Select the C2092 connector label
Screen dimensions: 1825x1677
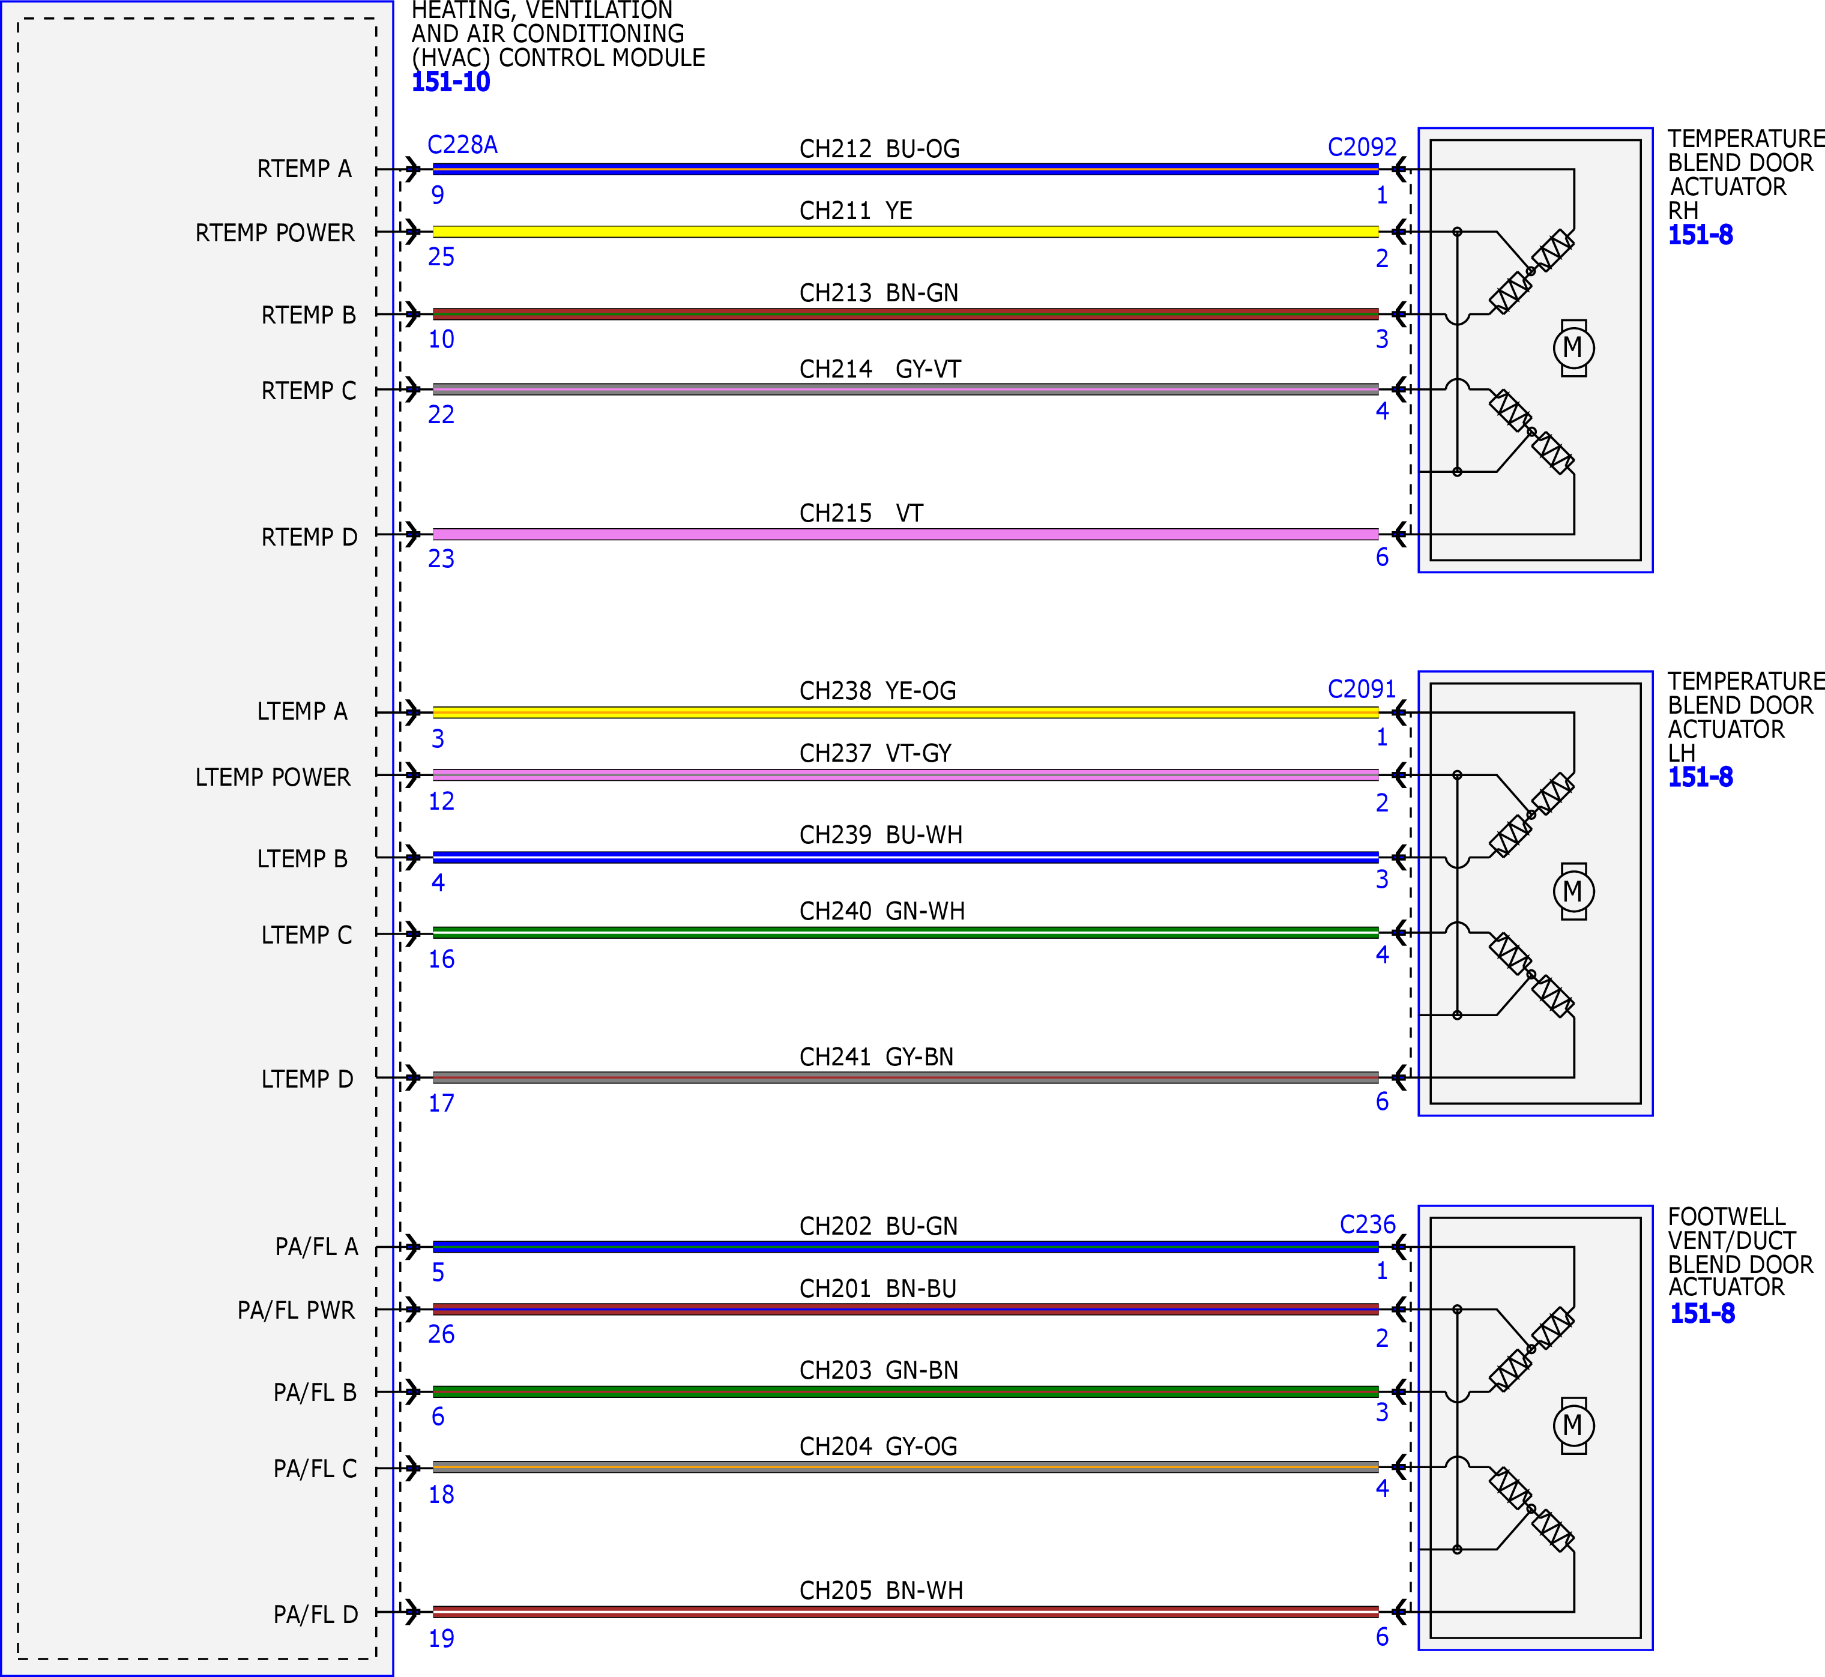tap(1362, 147)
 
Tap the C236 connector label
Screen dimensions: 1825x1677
tap(1368, 1224)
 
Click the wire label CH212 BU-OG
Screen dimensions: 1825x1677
tap(879, 149)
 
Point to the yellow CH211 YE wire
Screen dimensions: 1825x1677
tap(906, 232)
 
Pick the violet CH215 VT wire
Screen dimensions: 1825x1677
tap(906, 535)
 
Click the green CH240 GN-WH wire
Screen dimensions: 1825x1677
tap(906, 932)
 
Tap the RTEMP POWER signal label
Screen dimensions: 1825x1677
tap(275, 233)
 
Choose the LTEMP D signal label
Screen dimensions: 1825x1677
tap(307, 1079)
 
